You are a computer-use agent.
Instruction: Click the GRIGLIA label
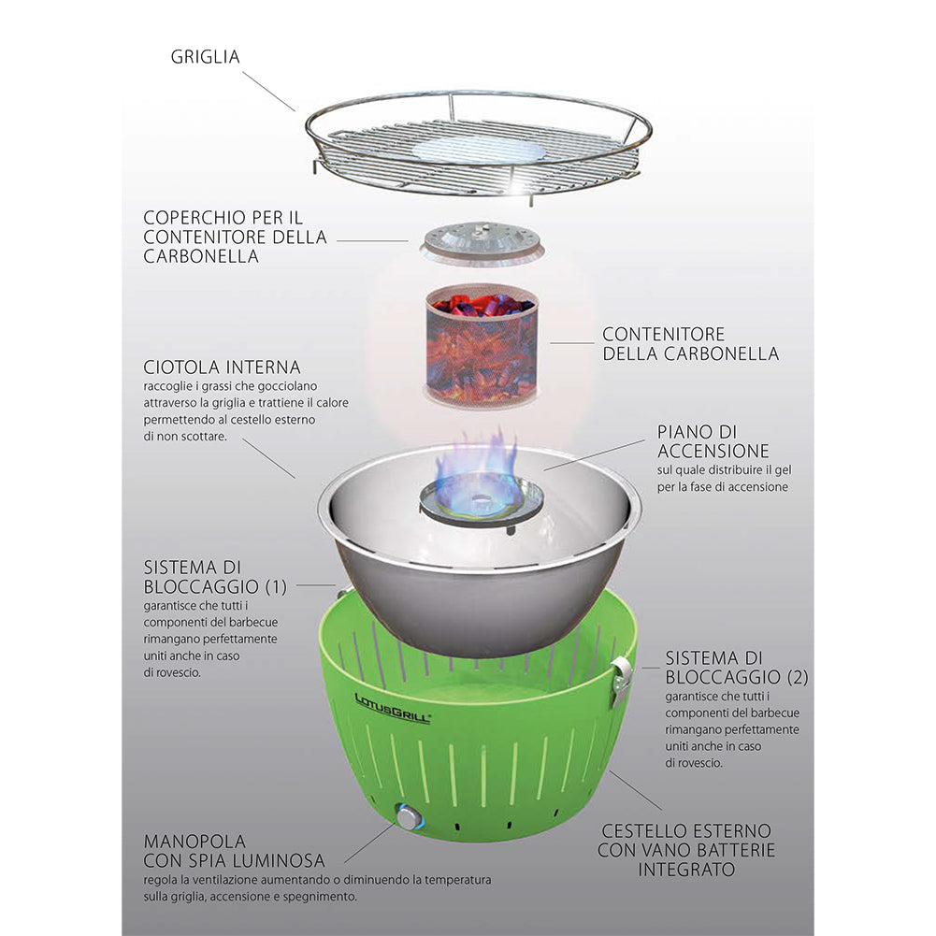[x=206, y=57]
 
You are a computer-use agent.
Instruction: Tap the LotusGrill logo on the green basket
[x=392, y=709]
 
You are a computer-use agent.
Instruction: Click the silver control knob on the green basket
[x=409, y=817]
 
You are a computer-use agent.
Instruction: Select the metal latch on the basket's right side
[x=621, y=680]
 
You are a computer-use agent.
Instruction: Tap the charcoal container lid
[x=482, y=242]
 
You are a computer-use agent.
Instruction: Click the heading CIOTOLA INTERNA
[x=222, y=367]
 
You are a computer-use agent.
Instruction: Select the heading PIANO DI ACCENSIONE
[x=713, y=441]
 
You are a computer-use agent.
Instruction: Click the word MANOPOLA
[x=194, y=842]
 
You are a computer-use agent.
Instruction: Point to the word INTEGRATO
[x=686, y=870]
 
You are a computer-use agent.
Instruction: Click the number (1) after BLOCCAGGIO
[x=276, y=587]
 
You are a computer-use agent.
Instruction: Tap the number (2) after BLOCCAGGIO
[x=798, y=678]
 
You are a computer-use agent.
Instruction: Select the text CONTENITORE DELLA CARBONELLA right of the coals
[x=691, y=344]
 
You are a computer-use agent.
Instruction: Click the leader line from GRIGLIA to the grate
[x=268, y=92]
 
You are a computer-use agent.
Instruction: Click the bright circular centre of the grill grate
[x=478, y=150]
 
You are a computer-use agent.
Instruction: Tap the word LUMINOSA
[x=279, y=861]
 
